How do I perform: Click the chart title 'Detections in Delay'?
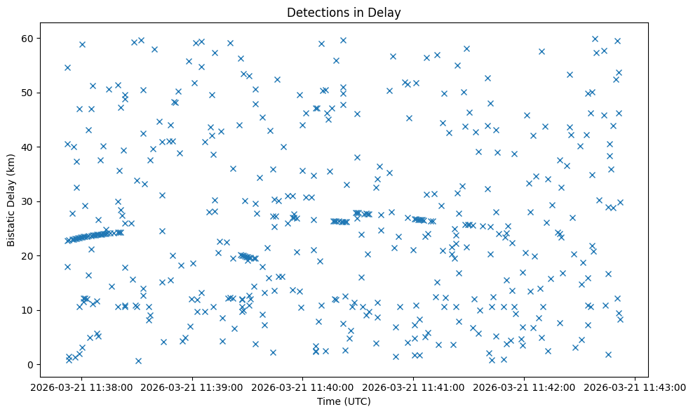[344, 12]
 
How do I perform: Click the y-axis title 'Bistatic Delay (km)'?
[11, 199]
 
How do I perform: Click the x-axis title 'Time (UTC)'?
[344, 401]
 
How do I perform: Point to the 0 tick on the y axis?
[41, 365]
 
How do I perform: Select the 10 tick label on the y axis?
[39, 310]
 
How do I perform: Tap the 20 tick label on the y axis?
[39, 256]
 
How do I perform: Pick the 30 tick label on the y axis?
[39, 201]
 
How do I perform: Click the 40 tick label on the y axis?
[39, 147]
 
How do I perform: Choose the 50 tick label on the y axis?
[39, 93]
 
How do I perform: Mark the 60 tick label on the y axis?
[39, 38]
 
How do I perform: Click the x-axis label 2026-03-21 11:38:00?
[81, 387]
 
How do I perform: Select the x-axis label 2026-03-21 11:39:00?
[192, 387]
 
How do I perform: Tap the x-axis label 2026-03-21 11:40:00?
[303, 387]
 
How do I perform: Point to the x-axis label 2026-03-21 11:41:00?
[414, 387]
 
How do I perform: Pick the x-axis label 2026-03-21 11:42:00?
[525, 387]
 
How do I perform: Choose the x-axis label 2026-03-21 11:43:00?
[635, 387]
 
